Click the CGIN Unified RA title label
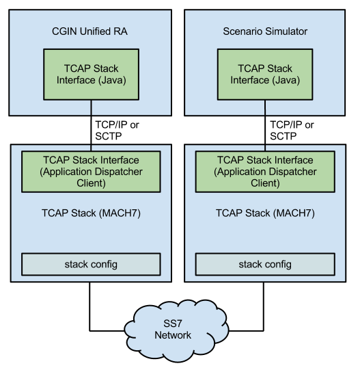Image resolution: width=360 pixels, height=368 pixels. (x=91, y=31)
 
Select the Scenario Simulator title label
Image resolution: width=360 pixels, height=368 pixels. (x=265, y=31)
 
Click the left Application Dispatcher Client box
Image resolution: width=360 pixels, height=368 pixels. (x=91, y=171)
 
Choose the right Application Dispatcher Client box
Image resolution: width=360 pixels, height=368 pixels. (x=265, y=171)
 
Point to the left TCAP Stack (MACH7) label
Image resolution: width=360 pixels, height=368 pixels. (x=91, y=213)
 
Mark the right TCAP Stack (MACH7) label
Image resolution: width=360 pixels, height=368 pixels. (x=265, y=213)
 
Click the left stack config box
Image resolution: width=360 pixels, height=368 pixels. (x=91, y=264)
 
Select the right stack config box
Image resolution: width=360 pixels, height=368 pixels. (x=265, y=264)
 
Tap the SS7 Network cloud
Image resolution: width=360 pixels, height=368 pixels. (x=173, y=330)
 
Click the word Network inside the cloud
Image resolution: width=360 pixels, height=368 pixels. (x=173, y=335)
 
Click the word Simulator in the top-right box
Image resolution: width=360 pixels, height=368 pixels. (x=286, y=31)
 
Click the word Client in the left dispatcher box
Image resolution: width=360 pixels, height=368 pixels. (x=91, y=183)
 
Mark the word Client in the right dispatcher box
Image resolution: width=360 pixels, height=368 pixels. (x=265, y=183)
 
